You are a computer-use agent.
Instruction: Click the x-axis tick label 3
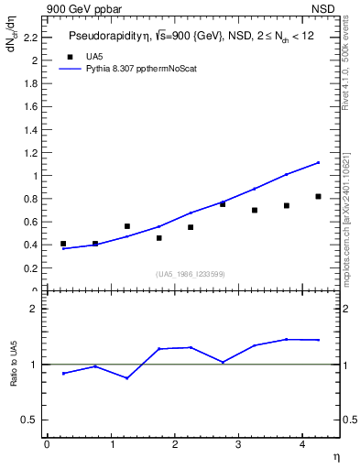tap(238, 444)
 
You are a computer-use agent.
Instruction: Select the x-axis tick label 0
tap(47, 444)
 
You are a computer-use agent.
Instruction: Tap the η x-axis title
tap(335, 455)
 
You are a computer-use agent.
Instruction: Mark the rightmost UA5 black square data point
tap(318, 196)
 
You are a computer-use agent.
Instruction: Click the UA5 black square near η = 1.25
tap(127, 226)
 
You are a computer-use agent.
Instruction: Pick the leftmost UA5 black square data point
tap(63, 244)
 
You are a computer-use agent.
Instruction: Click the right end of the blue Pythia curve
tap(318, 162)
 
